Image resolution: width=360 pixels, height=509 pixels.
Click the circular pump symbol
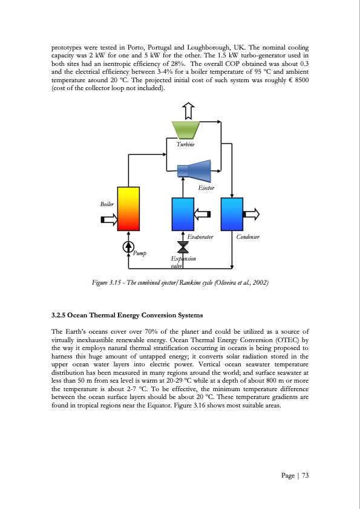click(128, 246)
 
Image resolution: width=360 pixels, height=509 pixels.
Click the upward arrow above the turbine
click(188, 111)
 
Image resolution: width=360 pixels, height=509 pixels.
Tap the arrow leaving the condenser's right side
click(251, 214)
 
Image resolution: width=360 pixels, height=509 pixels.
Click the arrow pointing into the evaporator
click(202, 214)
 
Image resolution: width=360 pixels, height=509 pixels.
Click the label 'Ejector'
click(207, 189)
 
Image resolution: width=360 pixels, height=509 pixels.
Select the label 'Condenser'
click(248, 238)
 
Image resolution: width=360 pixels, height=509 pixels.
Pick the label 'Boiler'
click(107, 204)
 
